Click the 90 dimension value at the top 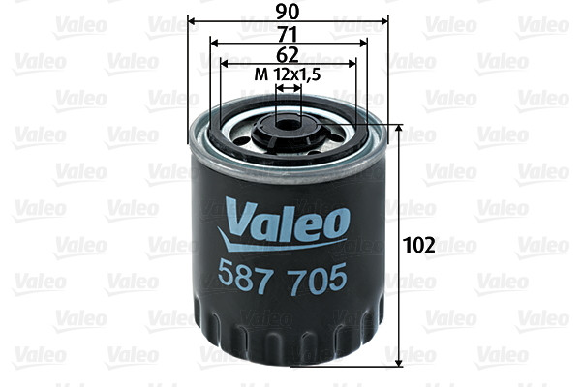(x=287, y=11)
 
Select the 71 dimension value (x=287, y=33)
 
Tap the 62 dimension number (x=287, y=53)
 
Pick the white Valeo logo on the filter (x=287, y=218)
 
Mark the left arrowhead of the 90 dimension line (x=191, y=20)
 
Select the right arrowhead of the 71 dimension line (x=364, y=43)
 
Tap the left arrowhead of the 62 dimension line (x=225, y=64)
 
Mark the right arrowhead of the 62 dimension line (x=352, y=64)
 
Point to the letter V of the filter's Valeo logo (x=236, y=216)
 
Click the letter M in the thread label (x=259, y=74)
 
